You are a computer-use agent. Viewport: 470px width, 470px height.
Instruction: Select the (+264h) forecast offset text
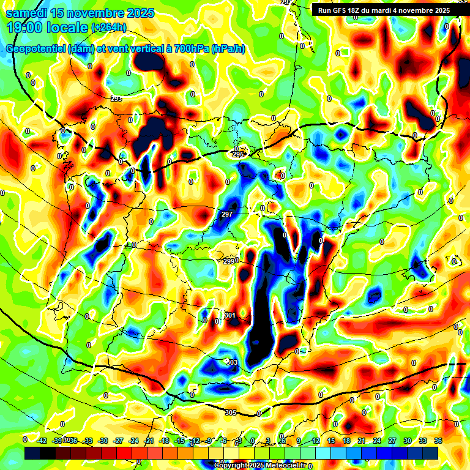tap(108, 27)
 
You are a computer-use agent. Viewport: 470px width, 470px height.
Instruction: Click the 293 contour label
tap(116, 99)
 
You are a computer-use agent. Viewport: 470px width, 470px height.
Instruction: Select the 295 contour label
tap(238, 155)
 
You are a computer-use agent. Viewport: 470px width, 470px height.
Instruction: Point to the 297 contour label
tap(226, 214)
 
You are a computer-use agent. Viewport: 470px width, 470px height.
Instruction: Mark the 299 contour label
tap(229, 261)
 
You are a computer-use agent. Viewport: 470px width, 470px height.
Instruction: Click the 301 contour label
tap(230, 315)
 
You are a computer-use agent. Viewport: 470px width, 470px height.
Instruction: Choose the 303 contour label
tap(232, 363)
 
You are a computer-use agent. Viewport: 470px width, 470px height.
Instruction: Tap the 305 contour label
tap(230, 412)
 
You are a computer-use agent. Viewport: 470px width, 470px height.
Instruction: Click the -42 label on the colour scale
tap(42, 440)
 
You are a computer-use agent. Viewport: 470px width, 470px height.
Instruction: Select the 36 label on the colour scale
tap(438, 440)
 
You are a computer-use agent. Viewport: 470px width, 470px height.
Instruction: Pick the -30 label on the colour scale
tap(103, 440)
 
